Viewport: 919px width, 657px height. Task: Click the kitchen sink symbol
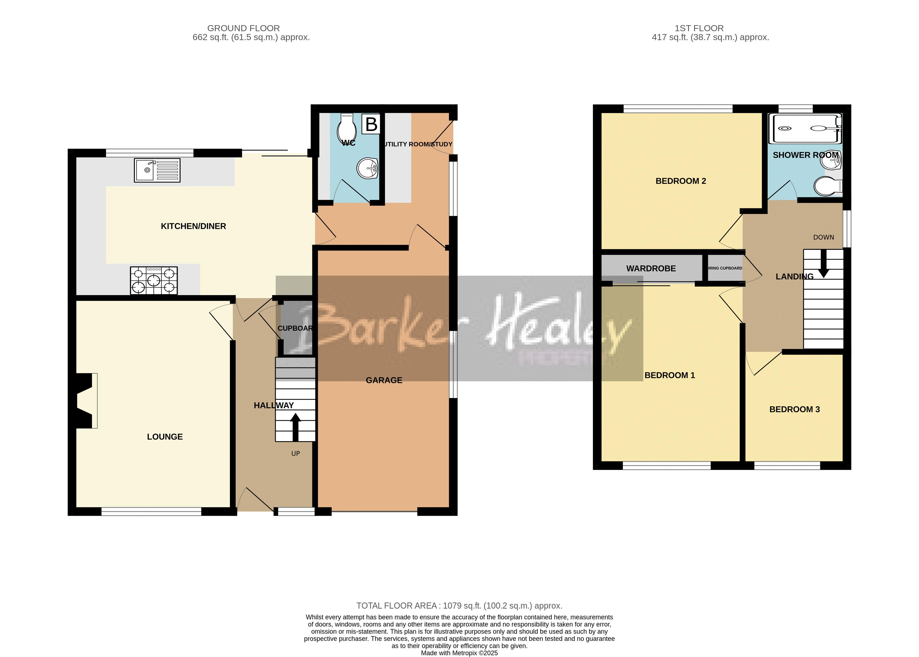(157, 170)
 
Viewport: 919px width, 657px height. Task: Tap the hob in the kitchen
(154, 280)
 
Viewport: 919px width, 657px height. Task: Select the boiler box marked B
(371, 124)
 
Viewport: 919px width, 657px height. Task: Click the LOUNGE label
(165, 437)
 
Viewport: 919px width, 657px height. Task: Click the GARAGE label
(384, 380)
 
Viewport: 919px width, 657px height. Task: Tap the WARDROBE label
(651, 269)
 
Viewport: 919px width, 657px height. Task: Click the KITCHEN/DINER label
(193, 226)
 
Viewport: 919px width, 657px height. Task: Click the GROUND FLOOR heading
(243, 28)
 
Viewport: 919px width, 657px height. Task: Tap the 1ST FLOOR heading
(699, 28)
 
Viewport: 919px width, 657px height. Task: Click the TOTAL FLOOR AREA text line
(459, 606)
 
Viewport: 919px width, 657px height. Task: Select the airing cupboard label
(725, 268)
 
